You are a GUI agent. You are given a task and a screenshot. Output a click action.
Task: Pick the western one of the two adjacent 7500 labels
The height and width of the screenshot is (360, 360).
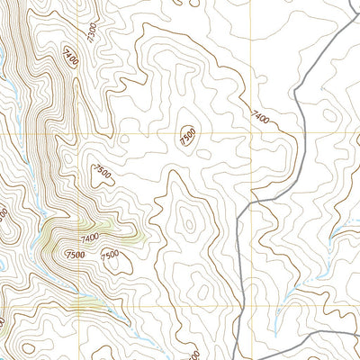[76, 255]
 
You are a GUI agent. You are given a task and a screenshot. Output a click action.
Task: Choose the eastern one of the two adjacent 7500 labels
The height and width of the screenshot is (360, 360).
[110, 256]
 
